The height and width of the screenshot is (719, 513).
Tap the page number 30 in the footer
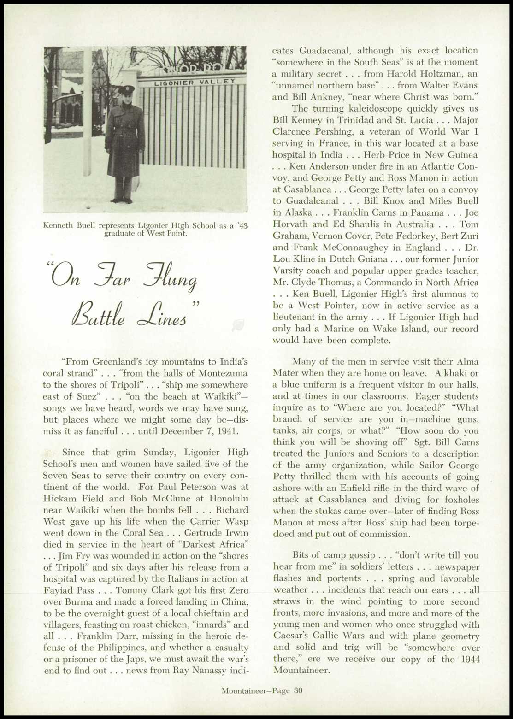point(298,690)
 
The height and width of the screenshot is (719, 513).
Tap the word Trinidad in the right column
point(332,120)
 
